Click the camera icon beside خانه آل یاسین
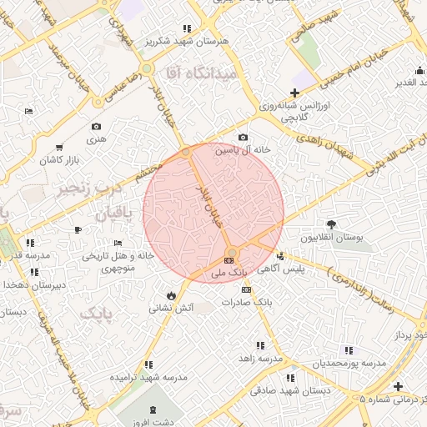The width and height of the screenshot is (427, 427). [243, 137]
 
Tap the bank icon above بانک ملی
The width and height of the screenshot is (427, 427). [229, 262]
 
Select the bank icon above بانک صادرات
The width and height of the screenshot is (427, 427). [245, 289]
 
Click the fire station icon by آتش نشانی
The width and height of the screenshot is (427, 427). [171, 295]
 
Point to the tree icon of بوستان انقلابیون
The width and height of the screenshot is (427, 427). [332, 224]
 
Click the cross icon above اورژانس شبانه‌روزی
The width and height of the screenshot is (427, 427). [294, 93]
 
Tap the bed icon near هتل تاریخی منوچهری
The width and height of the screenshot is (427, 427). [78, 229]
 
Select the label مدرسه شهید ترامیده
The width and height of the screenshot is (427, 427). [149, 377]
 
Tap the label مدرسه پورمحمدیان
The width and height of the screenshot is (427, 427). [349, 364]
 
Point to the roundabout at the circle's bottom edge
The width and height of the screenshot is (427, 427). [232, 251]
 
